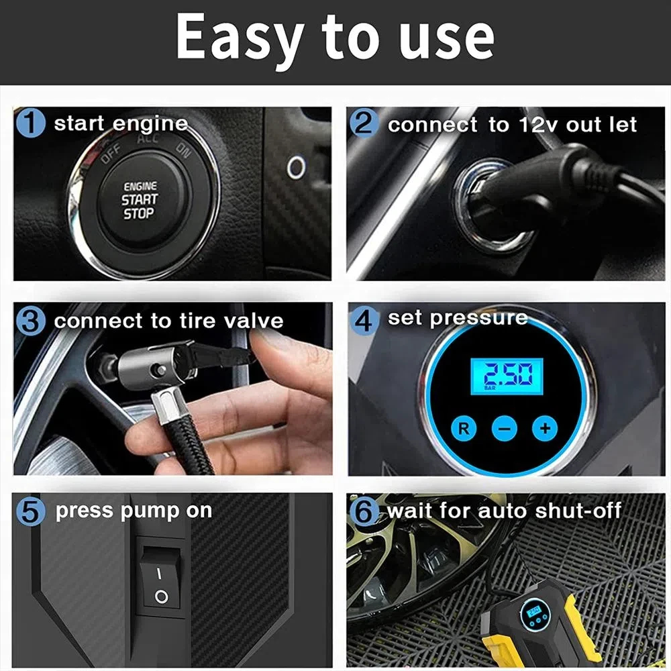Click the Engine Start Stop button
point(140,200)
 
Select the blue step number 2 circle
point(364,124)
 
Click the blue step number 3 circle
point(30,321)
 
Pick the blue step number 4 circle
point(364,319)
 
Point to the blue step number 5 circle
point(30,511)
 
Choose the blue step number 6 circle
point(364,512)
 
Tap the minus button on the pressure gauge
point(504,427)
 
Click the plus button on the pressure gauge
point(544,427)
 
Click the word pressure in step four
point(480,319)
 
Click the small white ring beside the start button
point(296,167)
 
